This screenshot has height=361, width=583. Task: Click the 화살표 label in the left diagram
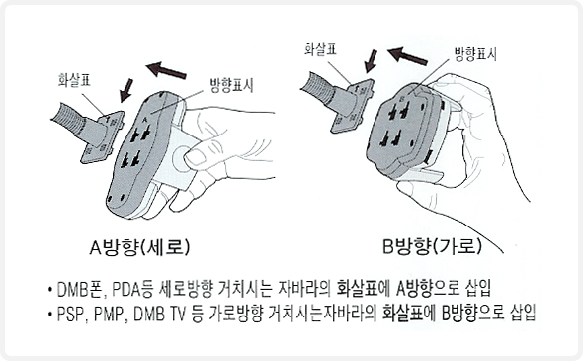tap(74, 80)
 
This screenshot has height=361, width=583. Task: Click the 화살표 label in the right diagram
tap(320, 49)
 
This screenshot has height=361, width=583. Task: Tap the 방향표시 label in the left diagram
tap(232, 86)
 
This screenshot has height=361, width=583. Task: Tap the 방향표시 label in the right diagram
tap(476, 54)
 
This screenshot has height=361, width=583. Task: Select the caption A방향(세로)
tap(139, 247)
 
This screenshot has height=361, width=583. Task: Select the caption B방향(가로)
tap(432, 246)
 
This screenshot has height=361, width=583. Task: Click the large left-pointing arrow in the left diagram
tap(166, 70)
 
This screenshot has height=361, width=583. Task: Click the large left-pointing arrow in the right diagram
tap(407, 56)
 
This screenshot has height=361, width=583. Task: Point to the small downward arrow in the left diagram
tap(126, 90)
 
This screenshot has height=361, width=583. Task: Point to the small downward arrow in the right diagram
tap(371, 61)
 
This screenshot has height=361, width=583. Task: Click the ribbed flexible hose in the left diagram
tap(69, 119)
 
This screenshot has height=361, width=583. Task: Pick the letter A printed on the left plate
tap(145, 121)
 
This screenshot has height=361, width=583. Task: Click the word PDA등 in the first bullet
tap(132, 289)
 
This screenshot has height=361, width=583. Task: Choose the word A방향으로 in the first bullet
tap(428, 289)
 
